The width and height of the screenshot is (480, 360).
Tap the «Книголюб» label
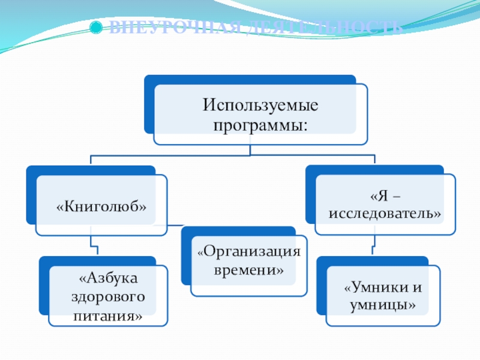point(102,206)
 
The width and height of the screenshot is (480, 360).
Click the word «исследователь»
point(385,213)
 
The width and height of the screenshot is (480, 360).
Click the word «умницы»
point(383,306)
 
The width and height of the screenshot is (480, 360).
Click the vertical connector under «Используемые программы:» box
point(250,150)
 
